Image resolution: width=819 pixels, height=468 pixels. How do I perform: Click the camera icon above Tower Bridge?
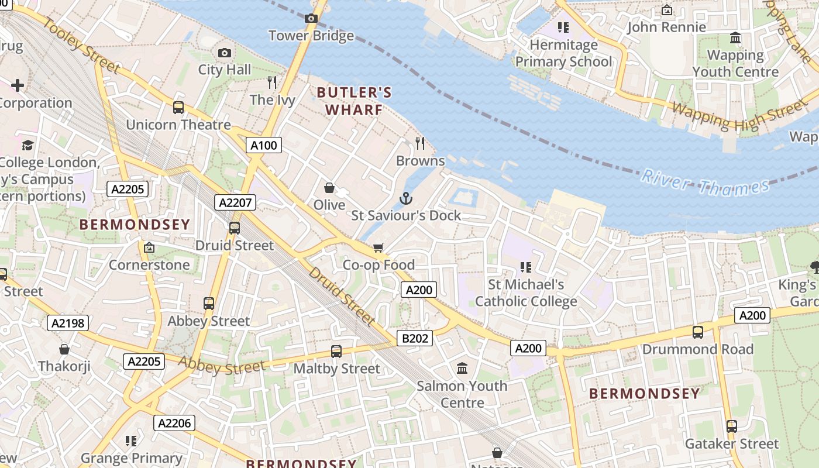[311, 19]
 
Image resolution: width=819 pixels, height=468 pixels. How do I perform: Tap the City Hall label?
[225, 70]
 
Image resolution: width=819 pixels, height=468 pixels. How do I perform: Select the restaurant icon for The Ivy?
[272, 82]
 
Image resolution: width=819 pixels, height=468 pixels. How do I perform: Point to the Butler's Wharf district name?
[354, 101]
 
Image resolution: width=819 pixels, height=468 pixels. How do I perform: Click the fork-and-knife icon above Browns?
[420, 143]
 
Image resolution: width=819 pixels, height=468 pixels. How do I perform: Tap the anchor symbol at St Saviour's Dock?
[406, 199]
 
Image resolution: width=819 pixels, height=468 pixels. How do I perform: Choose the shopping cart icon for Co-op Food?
[378, 248]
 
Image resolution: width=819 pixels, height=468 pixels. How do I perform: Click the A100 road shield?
[264, 145]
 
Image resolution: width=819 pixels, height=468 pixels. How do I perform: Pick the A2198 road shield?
[68, 322]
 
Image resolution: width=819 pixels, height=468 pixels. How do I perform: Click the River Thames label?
[704, 183]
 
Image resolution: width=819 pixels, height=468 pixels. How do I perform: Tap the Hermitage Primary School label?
[563, 53]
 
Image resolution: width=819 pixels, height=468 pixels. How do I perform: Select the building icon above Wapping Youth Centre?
[735, 39]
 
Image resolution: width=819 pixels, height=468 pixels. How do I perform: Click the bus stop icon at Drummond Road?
[697, 332]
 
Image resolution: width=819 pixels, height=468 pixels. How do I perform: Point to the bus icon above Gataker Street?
[731, 426]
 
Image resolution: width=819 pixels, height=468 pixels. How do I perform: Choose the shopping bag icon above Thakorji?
[64, 349]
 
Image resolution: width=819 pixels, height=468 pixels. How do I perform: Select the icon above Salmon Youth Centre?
[462, 369]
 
